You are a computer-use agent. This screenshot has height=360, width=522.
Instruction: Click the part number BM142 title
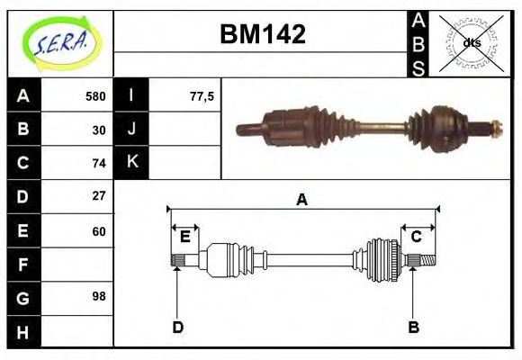263,34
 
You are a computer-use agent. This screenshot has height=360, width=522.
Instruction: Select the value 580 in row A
94,96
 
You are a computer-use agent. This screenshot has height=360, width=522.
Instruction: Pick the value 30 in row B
98,130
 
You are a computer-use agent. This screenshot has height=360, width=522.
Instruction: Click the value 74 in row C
98,163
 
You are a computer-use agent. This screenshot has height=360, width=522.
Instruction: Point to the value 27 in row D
98,195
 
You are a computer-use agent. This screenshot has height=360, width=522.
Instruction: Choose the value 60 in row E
98,230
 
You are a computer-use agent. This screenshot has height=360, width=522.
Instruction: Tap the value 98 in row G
98,296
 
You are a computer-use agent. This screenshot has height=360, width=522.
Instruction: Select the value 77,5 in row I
202,96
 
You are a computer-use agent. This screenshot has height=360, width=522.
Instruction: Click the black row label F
22,265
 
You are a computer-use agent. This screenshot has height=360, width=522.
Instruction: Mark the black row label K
132,163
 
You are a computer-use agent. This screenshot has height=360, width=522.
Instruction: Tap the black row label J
132,130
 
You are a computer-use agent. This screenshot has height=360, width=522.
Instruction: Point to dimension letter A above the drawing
301,200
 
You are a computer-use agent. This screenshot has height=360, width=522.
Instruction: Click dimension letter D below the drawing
177,328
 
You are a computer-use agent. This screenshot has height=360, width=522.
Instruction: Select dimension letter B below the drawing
413,328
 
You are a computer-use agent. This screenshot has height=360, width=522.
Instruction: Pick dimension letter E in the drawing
184,237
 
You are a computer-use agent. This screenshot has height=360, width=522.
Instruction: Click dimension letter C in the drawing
417,237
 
